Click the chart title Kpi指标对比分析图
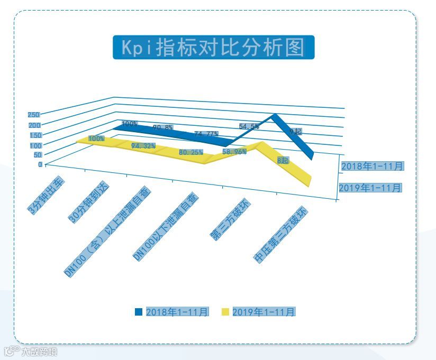(213, 47)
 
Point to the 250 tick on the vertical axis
(33, 115)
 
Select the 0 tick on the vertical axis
(40, 164)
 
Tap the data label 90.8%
(162, 127)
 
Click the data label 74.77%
(206, 134)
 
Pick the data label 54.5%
(249, 126)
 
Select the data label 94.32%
(143, 145)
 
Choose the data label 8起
(283, 160)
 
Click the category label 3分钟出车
(47, 196)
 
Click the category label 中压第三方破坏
(280, 236)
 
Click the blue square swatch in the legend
(139, 312)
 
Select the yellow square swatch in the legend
(225, 312)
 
